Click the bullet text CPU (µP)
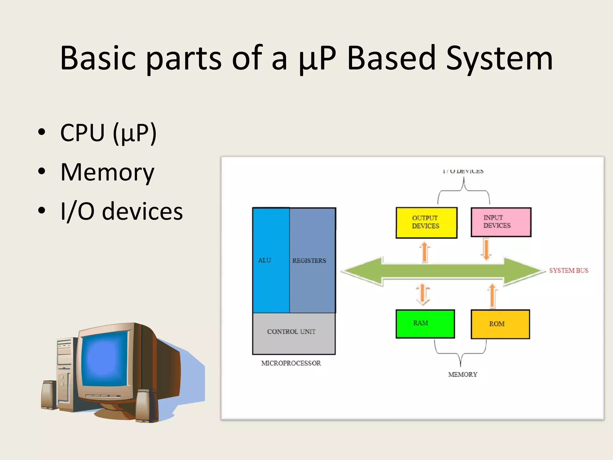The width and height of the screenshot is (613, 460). (108, 133)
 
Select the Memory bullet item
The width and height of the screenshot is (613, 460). (107, 172)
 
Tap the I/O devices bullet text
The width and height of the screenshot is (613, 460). (121, 211)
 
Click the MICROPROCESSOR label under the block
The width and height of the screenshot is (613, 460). (291, 363)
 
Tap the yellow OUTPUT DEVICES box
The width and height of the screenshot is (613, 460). (426, 223)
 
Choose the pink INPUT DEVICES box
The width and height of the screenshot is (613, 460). (501, 222)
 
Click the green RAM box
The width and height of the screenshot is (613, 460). (425, 324)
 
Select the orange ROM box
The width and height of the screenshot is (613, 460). (500, 324)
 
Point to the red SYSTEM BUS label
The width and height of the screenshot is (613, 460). (568, 270)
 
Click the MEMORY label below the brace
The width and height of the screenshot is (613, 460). (462, 374)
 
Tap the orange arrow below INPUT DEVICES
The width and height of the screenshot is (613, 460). (486, 249)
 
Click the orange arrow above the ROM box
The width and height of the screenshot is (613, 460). (492, 296)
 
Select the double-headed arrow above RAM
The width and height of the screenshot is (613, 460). (423, 294)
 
